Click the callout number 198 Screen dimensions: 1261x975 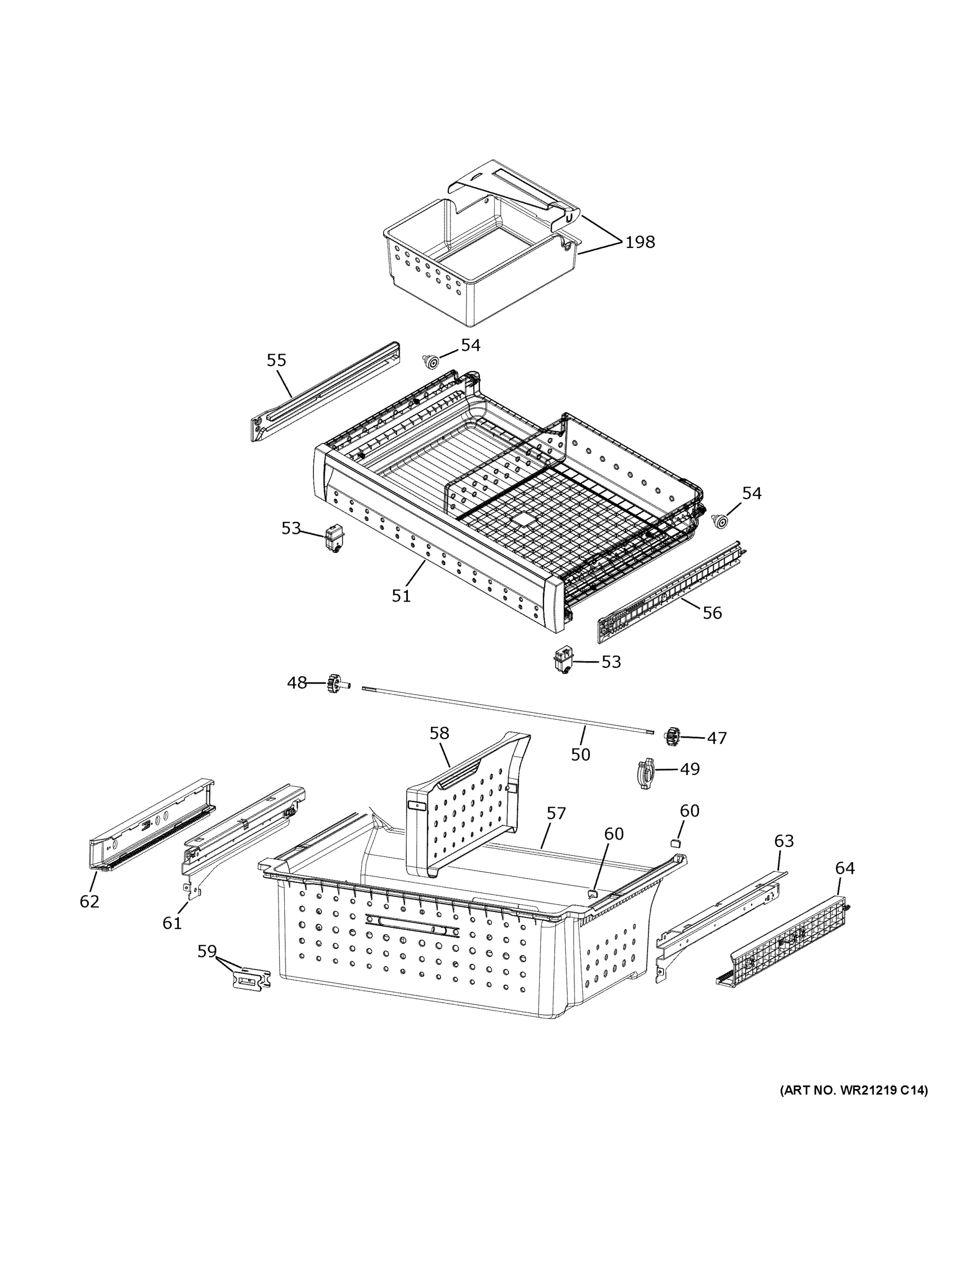[x=640, y=242]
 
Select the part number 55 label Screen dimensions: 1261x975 [x=276, y=360]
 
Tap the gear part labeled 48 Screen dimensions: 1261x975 [x=333, y=684]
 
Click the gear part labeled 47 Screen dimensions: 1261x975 [x=671, y=736]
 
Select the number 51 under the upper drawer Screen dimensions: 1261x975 [x=401, y=596]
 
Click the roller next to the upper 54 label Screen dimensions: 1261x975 [x=430, y=362]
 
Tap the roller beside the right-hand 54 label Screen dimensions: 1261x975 [x=720, y=521]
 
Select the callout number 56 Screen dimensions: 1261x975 [x=712, y=613]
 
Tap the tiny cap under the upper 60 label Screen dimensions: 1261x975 [x=674, y=843]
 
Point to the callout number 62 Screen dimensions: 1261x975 [x=89, y=901]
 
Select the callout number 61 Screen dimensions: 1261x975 [x=172, y=923]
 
